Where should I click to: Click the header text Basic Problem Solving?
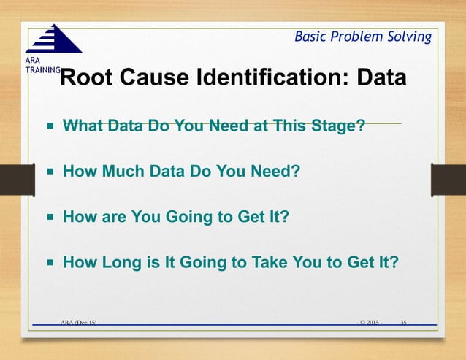pos(362,37)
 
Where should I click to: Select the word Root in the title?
pos(85,77)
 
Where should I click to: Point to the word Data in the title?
pos(381,77)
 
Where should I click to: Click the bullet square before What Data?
pos(51,126)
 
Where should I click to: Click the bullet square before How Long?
pos(51,261)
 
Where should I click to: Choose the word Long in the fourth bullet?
pos(123,261)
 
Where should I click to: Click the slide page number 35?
pos(403,321)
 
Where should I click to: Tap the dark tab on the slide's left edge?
pos(12,179)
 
